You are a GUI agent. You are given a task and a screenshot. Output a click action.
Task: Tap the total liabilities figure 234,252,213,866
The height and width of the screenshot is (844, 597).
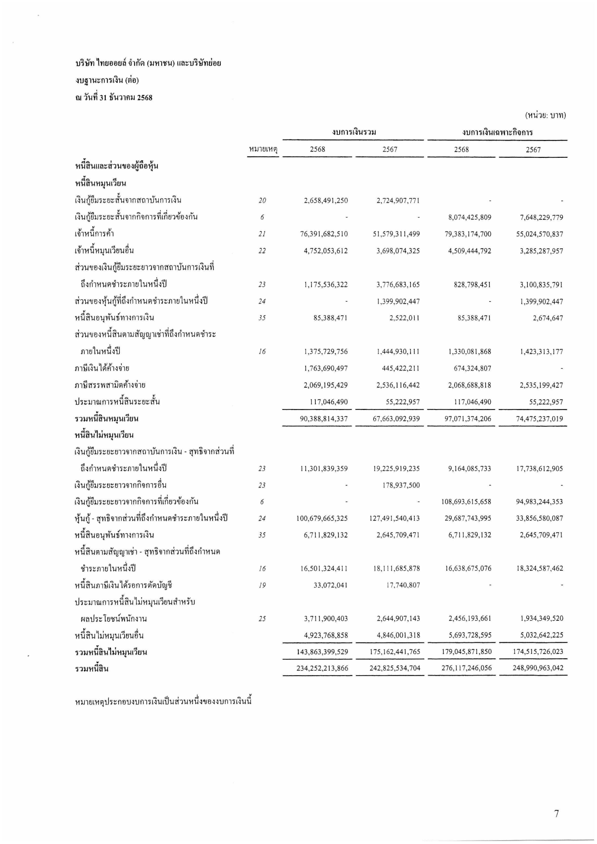click(x=322, y=668)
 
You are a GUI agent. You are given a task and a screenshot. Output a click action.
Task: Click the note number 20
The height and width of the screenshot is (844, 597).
click(x=262, y=201)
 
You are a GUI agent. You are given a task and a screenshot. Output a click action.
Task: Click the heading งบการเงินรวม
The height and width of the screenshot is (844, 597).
click(x=354, y=132)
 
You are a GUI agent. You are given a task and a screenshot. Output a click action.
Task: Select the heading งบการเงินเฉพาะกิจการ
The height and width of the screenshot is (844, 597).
click(x=497, y=132)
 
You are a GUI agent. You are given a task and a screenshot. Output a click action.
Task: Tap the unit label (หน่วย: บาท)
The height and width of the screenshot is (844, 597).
click(x=545, y=115)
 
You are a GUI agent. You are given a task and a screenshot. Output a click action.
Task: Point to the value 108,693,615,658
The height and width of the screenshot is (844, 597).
click(x=466, y=502)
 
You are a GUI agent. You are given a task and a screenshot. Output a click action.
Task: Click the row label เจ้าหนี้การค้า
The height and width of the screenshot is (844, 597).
click(x=94, y=234)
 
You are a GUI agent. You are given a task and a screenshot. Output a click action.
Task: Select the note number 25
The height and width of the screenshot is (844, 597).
click(x=262, y=619)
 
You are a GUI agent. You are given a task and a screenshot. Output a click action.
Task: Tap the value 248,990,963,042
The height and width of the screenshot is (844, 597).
click(x=536, y=668)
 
